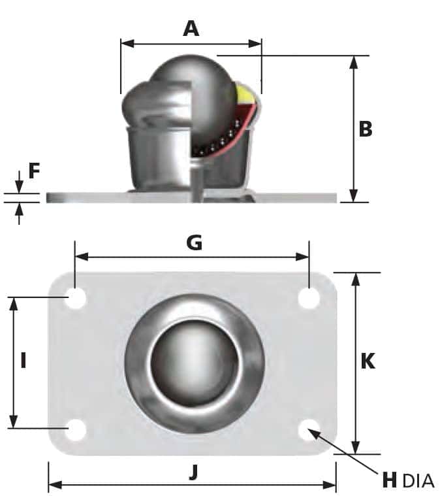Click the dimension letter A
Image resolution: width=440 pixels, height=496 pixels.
(x=191, y=28)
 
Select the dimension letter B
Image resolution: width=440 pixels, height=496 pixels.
(x=366, y=129)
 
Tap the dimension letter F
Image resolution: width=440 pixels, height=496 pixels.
(x=34, y=171)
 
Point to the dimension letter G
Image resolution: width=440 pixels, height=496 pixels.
(x=194, y=242)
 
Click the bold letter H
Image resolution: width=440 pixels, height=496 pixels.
(x=389, y=480)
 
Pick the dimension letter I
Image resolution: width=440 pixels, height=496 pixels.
(x=24, y=360)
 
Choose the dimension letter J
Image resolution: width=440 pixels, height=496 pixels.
(x=193, y=472)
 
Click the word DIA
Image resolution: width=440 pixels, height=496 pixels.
(x=418, y=481)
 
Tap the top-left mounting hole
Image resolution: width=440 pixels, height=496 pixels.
(x=76, y=299)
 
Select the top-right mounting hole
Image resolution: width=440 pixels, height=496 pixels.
(x=309, y=299)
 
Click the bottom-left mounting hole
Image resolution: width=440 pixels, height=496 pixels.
(x=76, y=430)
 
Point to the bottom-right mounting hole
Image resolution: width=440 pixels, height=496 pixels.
(x=309, y=430)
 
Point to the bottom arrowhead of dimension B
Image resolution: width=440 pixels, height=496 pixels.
(x=353, y=196)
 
